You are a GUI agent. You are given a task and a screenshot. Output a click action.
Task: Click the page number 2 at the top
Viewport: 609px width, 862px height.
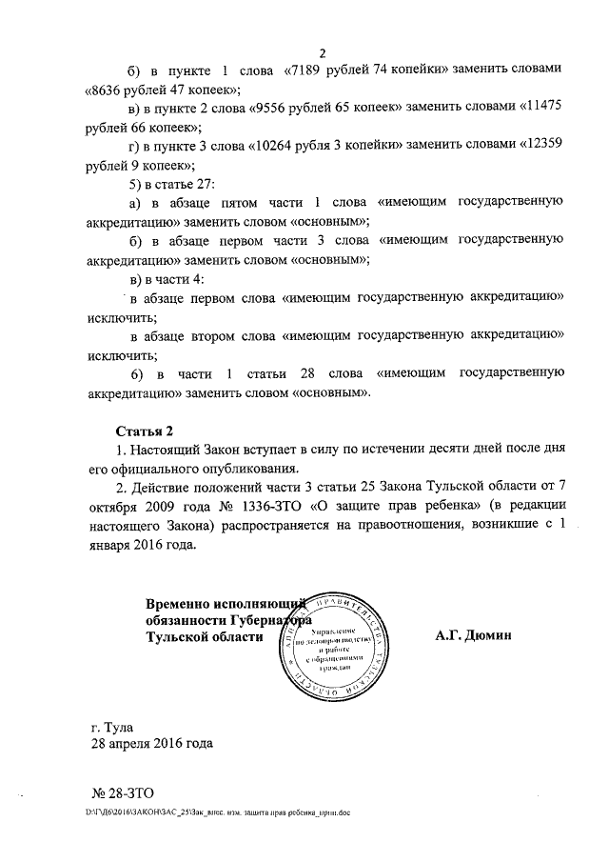point(323,52)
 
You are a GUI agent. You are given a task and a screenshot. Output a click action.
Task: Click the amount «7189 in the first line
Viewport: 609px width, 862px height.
point(307,71)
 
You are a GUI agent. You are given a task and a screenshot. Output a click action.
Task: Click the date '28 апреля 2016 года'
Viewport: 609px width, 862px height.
point(151,744)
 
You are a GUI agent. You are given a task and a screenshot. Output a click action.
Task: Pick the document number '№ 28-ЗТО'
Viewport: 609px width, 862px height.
point(122,792)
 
